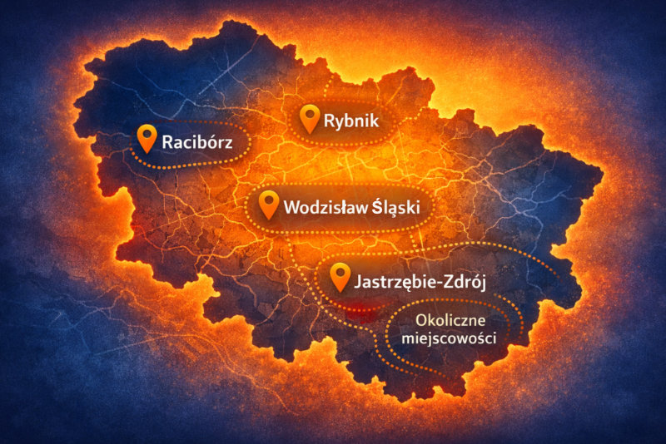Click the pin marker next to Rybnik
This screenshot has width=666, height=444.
coord(310,117)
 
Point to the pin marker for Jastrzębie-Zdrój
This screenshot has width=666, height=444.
coord(340,276)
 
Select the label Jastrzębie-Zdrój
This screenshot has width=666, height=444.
coord(420,281)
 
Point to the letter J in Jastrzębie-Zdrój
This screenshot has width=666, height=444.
coord(358,281)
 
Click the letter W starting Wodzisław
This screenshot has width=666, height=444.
coord(291,208)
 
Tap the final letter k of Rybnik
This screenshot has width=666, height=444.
coord(374,122)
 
